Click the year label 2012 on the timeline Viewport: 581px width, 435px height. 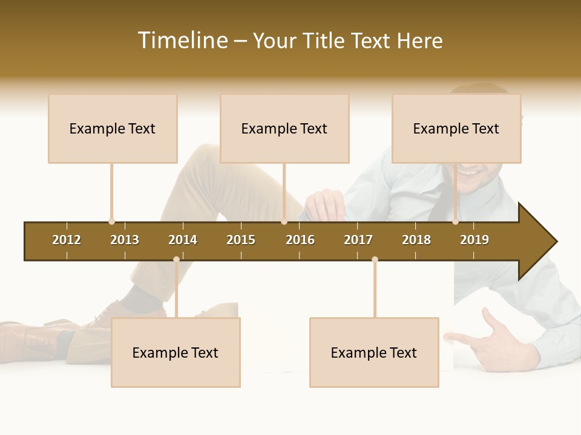(67, 240)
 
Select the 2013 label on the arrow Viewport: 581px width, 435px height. (125, 240)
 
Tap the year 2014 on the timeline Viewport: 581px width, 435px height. (183, 240)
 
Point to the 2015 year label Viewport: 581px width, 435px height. (241, 240)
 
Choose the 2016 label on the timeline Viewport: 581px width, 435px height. (300, 240)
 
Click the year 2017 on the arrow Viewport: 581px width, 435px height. (358, 240)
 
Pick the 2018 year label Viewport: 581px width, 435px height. (416, 240)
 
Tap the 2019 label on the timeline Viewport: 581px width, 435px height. (474, 240)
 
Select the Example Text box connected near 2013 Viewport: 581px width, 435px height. (113, 129)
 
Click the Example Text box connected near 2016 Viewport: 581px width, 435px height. (284, 129)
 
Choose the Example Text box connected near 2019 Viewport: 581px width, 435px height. (456, 129)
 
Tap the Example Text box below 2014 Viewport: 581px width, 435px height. (176, 353)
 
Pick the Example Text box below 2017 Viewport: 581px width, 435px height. (374, 353)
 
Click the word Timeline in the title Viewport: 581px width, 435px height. (183, 40)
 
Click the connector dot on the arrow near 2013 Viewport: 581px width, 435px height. (111, 222)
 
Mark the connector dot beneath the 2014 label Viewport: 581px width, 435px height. (176, 259)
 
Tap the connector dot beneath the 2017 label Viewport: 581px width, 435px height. (375, 259)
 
